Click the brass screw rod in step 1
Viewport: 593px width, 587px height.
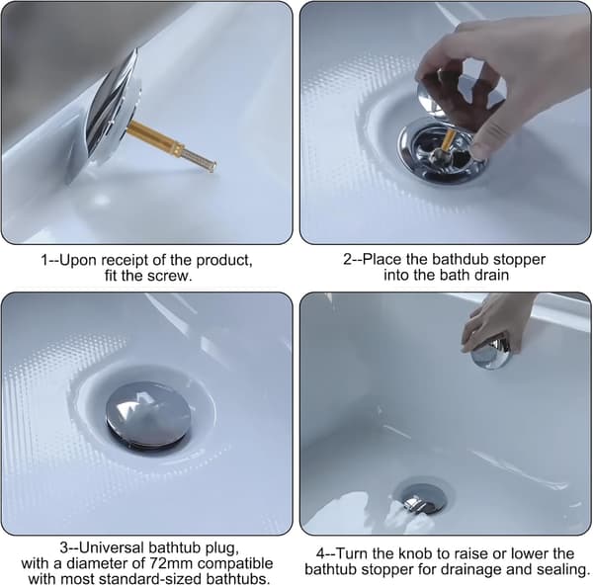pyautogui.click(x=170, y=145)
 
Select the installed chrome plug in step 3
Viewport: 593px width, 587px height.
pyautogui.click(x=148, y=415)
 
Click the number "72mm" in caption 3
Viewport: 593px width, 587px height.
pyautogui.click(x=172, y=563)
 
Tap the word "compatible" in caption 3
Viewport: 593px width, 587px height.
pyautogui.click(x=235, y=563)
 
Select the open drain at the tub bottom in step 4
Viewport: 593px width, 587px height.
pyautogui.click(x=422, y=495)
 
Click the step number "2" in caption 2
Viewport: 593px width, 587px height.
pyautogui.click(x=347, y=260)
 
